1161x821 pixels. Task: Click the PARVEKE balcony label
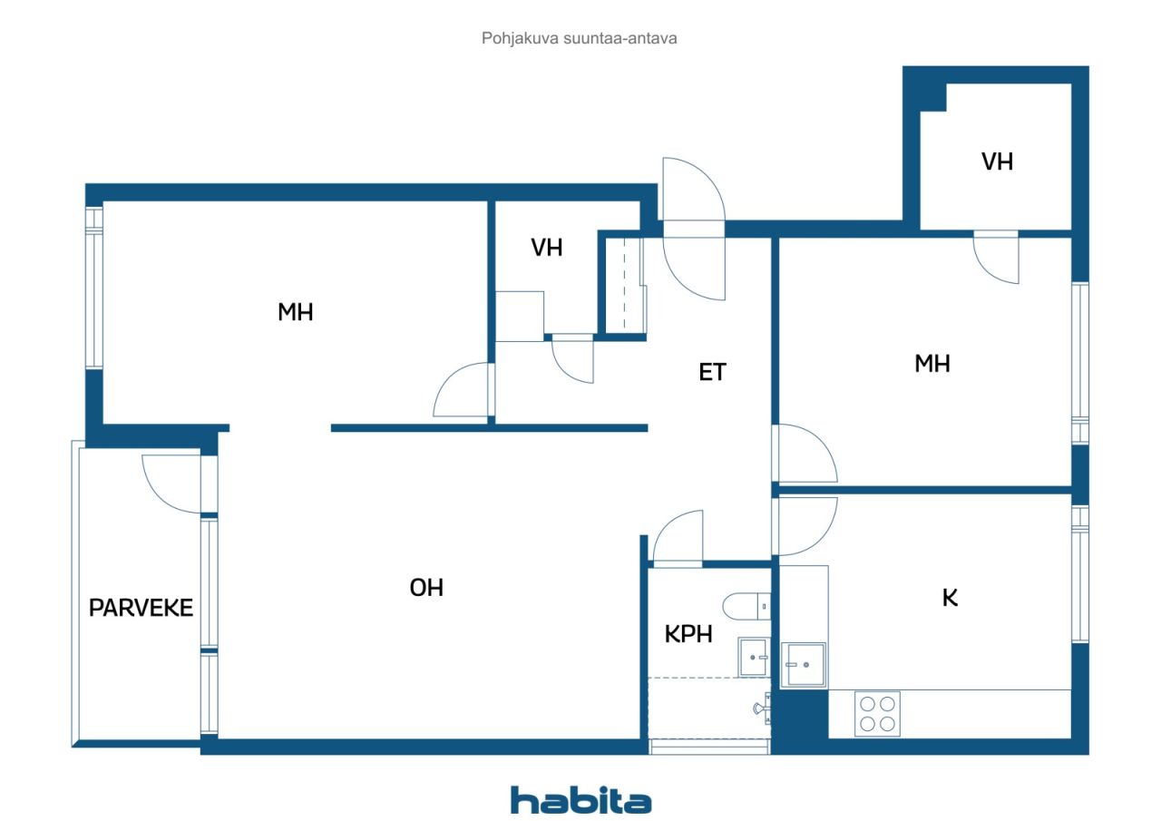(x=141, y=608)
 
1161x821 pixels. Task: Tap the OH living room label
(x=426, y=588)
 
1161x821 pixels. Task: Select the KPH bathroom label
(x=688, y=634)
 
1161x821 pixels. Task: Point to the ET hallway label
(x=712, y=372)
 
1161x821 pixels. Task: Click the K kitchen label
(x=950, y=598)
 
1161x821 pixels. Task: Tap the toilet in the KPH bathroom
(x=746, y=606)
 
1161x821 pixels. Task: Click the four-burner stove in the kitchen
(x=877, y=714)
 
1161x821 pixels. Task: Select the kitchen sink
(x=803, y=665)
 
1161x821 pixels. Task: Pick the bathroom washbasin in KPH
(x=753, y=657)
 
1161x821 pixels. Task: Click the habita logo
(x=580, y=801)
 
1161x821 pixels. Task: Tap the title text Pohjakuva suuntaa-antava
(x=579, y=38)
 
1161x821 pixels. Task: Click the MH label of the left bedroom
(x=295, y=312)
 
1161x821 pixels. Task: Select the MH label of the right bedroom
(x=932, y=364)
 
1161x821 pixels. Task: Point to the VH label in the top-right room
(x=997, y=161)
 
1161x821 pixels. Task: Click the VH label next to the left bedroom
(x=546, y=248)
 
